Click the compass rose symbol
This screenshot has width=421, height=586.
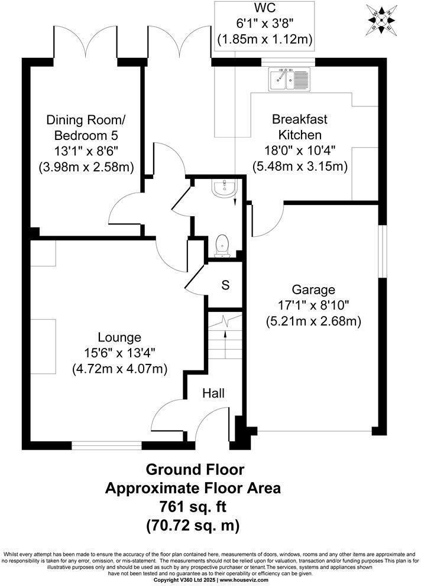pyautogui.click(x=383, y=19)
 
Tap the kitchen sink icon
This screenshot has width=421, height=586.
pyautogui.click(x=289, y=79)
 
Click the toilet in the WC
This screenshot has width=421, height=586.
pyautogui.click(x=222, y=245)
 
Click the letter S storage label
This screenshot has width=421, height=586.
pyautogui.click(x=225, y=285)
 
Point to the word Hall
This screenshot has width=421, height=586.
pyautogui.click(x=213, y=393)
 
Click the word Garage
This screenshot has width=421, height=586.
pyautogui.click(x=313, y=290)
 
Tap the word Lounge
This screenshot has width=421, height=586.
pyautogui.click(x=120, y=338)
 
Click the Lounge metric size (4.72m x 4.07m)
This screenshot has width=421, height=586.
pyautogui.click(x=120, y=369)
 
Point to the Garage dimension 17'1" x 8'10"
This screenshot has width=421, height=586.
pyautogui.click(x=313, y=305)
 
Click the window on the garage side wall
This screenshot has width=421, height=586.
pyautogui.click(x=382, y=250)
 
